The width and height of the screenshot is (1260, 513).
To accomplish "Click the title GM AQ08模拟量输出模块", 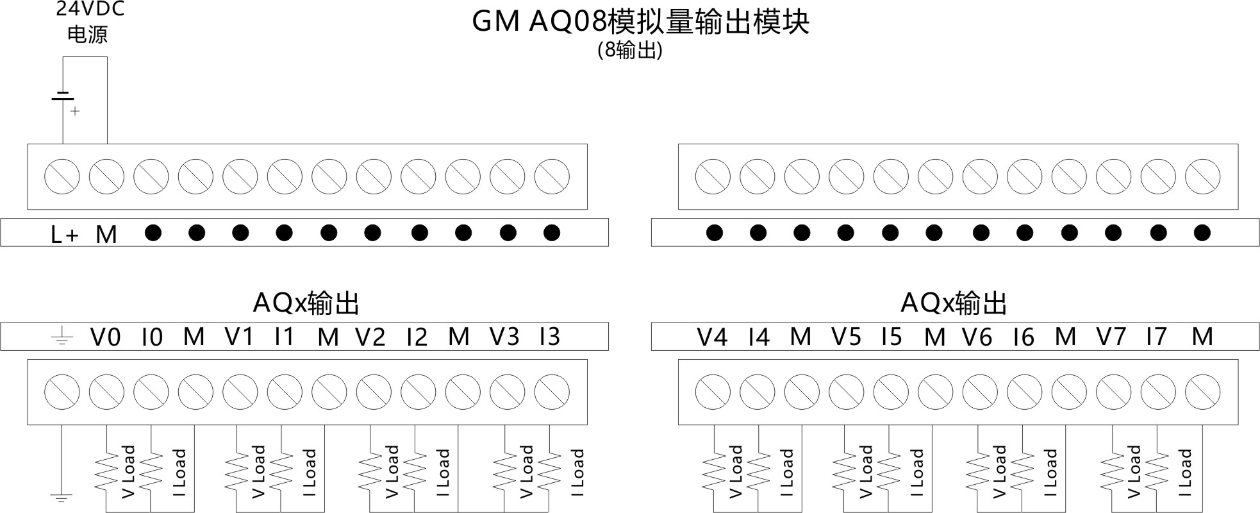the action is pyautogui.click(x=640, y=21).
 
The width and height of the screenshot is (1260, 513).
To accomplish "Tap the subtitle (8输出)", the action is pyautogui.click(x=629, y=50).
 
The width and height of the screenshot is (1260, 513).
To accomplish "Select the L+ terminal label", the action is pyautogui.click(x=65, y=235).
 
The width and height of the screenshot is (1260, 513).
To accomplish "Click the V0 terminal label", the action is pyautogui.click(x=106, y=336).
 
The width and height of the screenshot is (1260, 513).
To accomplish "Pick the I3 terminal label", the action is pyautogui.click(x=550, y=336).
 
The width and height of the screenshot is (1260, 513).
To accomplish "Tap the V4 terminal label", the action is pyautogui.click(x=712, y=336).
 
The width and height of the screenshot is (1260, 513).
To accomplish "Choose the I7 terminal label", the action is pyautogui.click(x=1156, y=336).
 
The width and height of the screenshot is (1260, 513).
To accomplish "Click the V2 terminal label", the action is pyautogui.click(x=370, y=336).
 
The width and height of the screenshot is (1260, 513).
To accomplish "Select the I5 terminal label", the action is pyautogui.click(x=891, y=336).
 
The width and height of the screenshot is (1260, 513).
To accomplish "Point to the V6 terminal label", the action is pyautogui.click(x=977, y=336).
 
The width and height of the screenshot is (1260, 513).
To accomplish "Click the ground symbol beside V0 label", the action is pyautogui.click(x=62, y=336).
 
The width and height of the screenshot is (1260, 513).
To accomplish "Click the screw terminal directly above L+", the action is pyautogui.click(x=62, y=176).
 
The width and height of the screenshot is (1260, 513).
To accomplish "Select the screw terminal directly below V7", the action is pyautogui.click(x=1113, y=391).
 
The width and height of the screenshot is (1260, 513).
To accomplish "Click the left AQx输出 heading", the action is pyautogui.click(x=306, y=303).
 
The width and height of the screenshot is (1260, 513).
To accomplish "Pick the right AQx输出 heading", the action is pyautogui.click(x=954, y=303).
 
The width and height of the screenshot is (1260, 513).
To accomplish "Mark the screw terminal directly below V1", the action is pyautogui.click(x=240, y=391).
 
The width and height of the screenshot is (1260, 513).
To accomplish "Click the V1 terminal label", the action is pyautogui.click(x=239, y=336).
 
